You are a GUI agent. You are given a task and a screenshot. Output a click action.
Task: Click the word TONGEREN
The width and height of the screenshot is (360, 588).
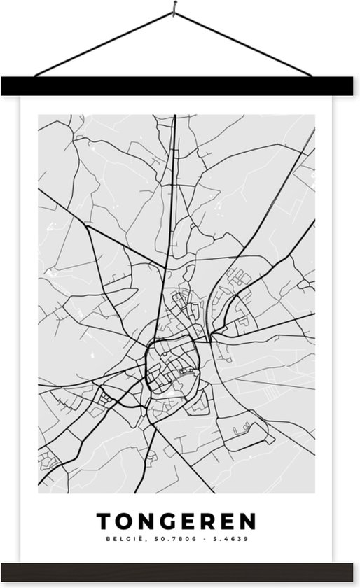pyautogui.click(x=176, y=521)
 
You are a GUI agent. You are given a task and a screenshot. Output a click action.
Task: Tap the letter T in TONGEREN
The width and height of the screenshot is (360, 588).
pyautogui.click(x=103, y=521)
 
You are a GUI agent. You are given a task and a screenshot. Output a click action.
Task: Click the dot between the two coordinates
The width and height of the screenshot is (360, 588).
pyautogui.click(x=198, y=539)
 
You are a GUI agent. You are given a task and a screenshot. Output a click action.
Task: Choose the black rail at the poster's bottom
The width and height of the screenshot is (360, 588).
pyautogui.click(x=180, y=571)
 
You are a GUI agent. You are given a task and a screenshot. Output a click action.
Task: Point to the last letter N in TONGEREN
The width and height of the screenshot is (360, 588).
pyautogui.click(x=248, y=521)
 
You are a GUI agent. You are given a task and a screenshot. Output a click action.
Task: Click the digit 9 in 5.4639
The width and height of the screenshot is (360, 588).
pyautogui.click(x=246, y=539)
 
